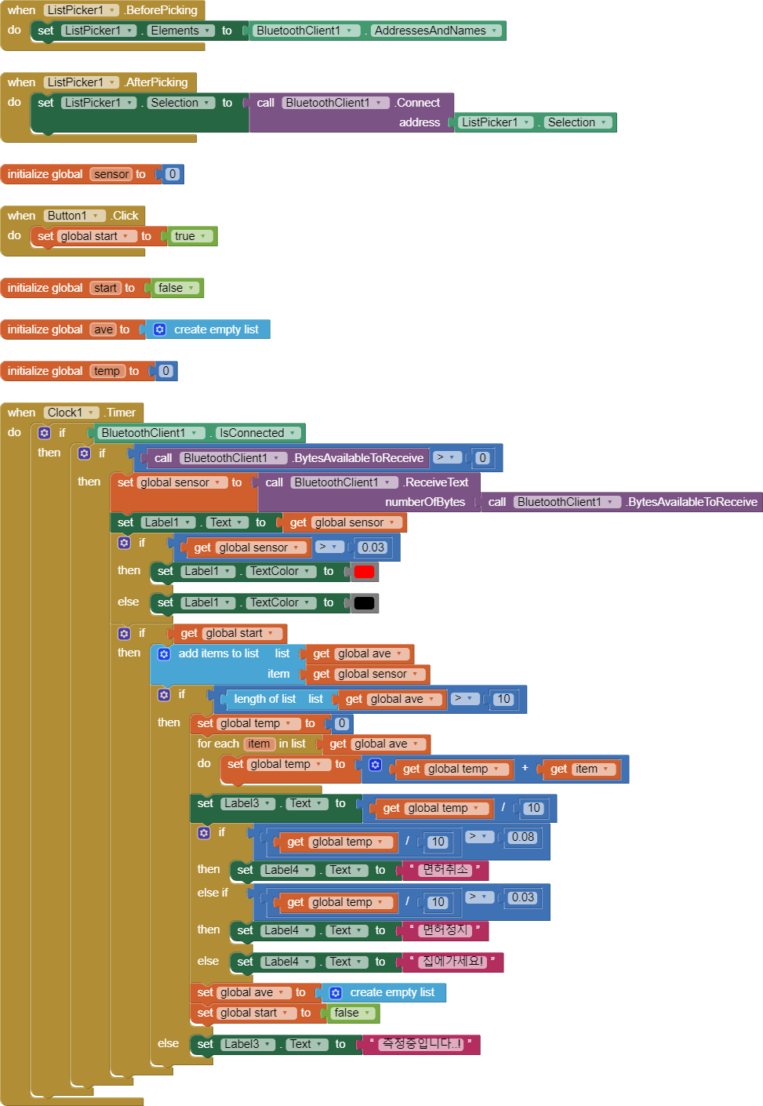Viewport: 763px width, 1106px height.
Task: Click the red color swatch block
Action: tap(364, 572)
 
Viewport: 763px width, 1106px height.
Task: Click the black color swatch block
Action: tap(364, 603)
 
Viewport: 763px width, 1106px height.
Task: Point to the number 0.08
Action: tap(522, 837)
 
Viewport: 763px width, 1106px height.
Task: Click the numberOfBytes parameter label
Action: tap(424, 502)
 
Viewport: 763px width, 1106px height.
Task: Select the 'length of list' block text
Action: tap(264, 699)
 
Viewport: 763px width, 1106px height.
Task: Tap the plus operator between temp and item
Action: tap(525, 768)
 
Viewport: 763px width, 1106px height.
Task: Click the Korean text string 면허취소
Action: tap(445, 870)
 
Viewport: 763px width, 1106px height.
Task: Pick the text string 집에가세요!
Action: tap(452, 962)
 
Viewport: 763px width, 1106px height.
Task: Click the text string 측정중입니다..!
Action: tap(421, 1044)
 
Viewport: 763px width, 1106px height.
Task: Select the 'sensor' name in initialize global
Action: tap(111, 174)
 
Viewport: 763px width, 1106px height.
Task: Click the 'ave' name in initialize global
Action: tap(103, 329)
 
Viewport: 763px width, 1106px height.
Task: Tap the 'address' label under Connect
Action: tap(420, 122)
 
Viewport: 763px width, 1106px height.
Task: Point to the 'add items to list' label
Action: tap(218, 653)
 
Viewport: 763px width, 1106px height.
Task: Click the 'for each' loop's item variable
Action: tap(259, 744)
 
